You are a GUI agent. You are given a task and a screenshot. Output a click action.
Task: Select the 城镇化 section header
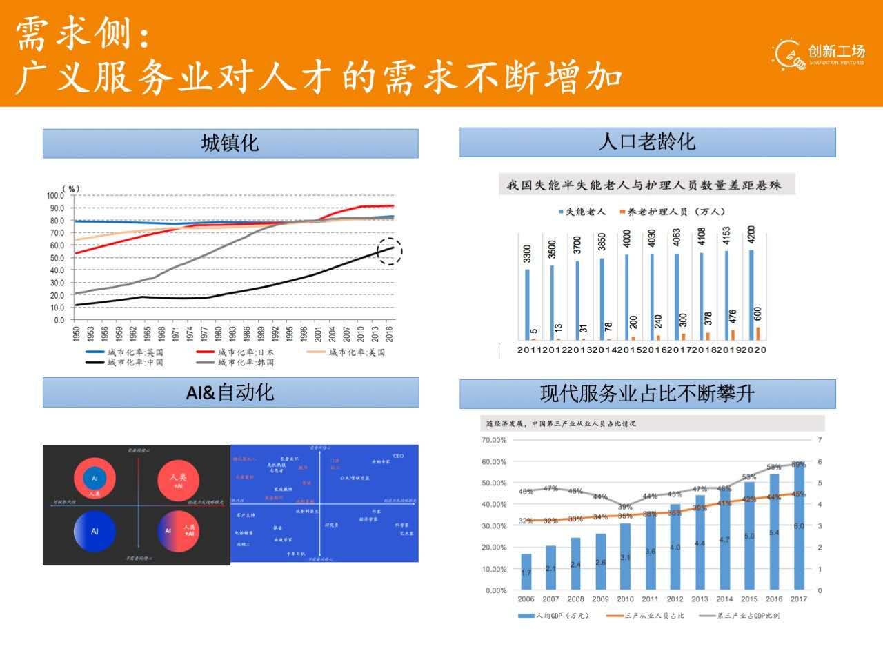coord(230,143)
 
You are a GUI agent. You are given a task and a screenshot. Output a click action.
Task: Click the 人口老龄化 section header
coord(647,141)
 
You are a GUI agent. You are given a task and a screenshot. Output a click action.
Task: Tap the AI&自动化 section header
coord(230,392)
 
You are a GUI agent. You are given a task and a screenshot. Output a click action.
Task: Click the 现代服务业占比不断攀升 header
coord(647,394)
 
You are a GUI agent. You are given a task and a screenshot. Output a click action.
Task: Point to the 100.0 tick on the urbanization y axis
coord(55,196)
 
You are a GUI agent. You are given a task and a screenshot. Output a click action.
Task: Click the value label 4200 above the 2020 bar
coord(751,235)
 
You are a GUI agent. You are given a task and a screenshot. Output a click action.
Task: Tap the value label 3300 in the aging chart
coord(528,254)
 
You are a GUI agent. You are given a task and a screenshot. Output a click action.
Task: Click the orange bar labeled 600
coord(758,333)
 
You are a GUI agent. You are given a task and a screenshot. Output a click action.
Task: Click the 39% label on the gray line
coord(625,507)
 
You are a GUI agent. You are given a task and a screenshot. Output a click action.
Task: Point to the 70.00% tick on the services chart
coord(494,440)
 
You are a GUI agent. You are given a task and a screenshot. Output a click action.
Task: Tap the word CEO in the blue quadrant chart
coord(399,456)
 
